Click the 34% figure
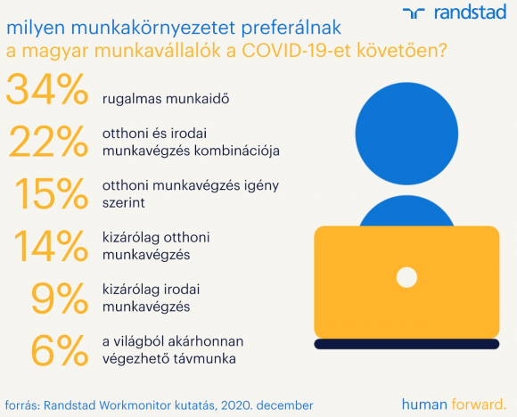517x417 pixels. [x=47, y=89]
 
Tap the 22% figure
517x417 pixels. [x=49, y=142]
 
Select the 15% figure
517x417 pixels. [x=52, y=193]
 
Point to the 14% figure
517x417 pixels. [x=51, y=245]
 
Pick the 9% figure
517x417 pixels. [x=60, y=298]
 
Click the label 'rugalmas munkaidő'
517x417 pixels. [x=166, y=99]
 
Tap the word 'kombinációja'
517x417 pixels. [x=237, y=151]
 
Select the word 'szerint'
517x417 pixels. [x=124, y=203]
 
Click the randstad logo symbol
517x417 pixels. [x=414, y=13]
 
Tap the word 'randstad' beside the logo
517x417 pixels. [x=470, y=12]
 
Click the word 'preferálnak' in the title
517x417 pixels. [x=291, y=28]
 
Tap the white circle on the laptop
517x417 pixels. [x=406, y=277]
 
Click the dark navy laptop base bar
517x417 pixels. [x=406, y=344]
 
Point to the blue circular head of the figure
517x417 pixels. [x=406, y=134]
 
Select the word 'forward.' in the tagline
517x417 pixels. [x=479, y=405]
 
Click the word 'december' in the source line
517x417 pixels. [x=284, y=405]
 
